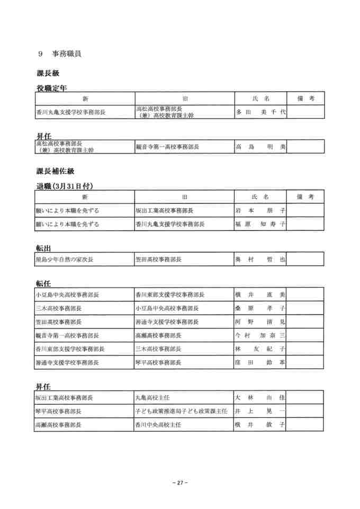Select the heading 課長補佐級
(x=55, y=171)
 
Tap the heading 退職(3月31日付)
(x=65, y=186)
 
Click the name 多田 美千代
(x=260, y=112)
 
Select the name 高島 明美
(x=260, y=147)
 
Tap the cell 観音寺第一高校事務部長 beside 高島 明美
(x=167, y=147)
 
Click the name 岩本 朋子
(x=260, y=210)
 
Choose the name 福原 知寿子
(x=260, y=224)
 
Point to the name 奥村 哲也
(x=260, y=260)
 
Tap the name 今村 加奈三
(x=260, y=335)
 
